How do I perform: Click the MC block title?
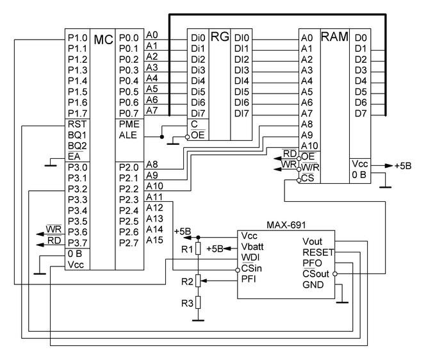click(x=103, y=40)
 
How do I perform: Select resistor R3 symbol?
click(x=199, y=302)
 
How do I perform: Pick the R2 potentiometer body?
click(x=199, y=279)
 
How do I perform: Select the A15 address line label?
click(x=154, y=240)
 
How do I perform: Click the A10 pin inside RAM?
click(x=308, y=145)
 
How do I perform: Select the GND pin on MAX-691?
click(x=314, y=284)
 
